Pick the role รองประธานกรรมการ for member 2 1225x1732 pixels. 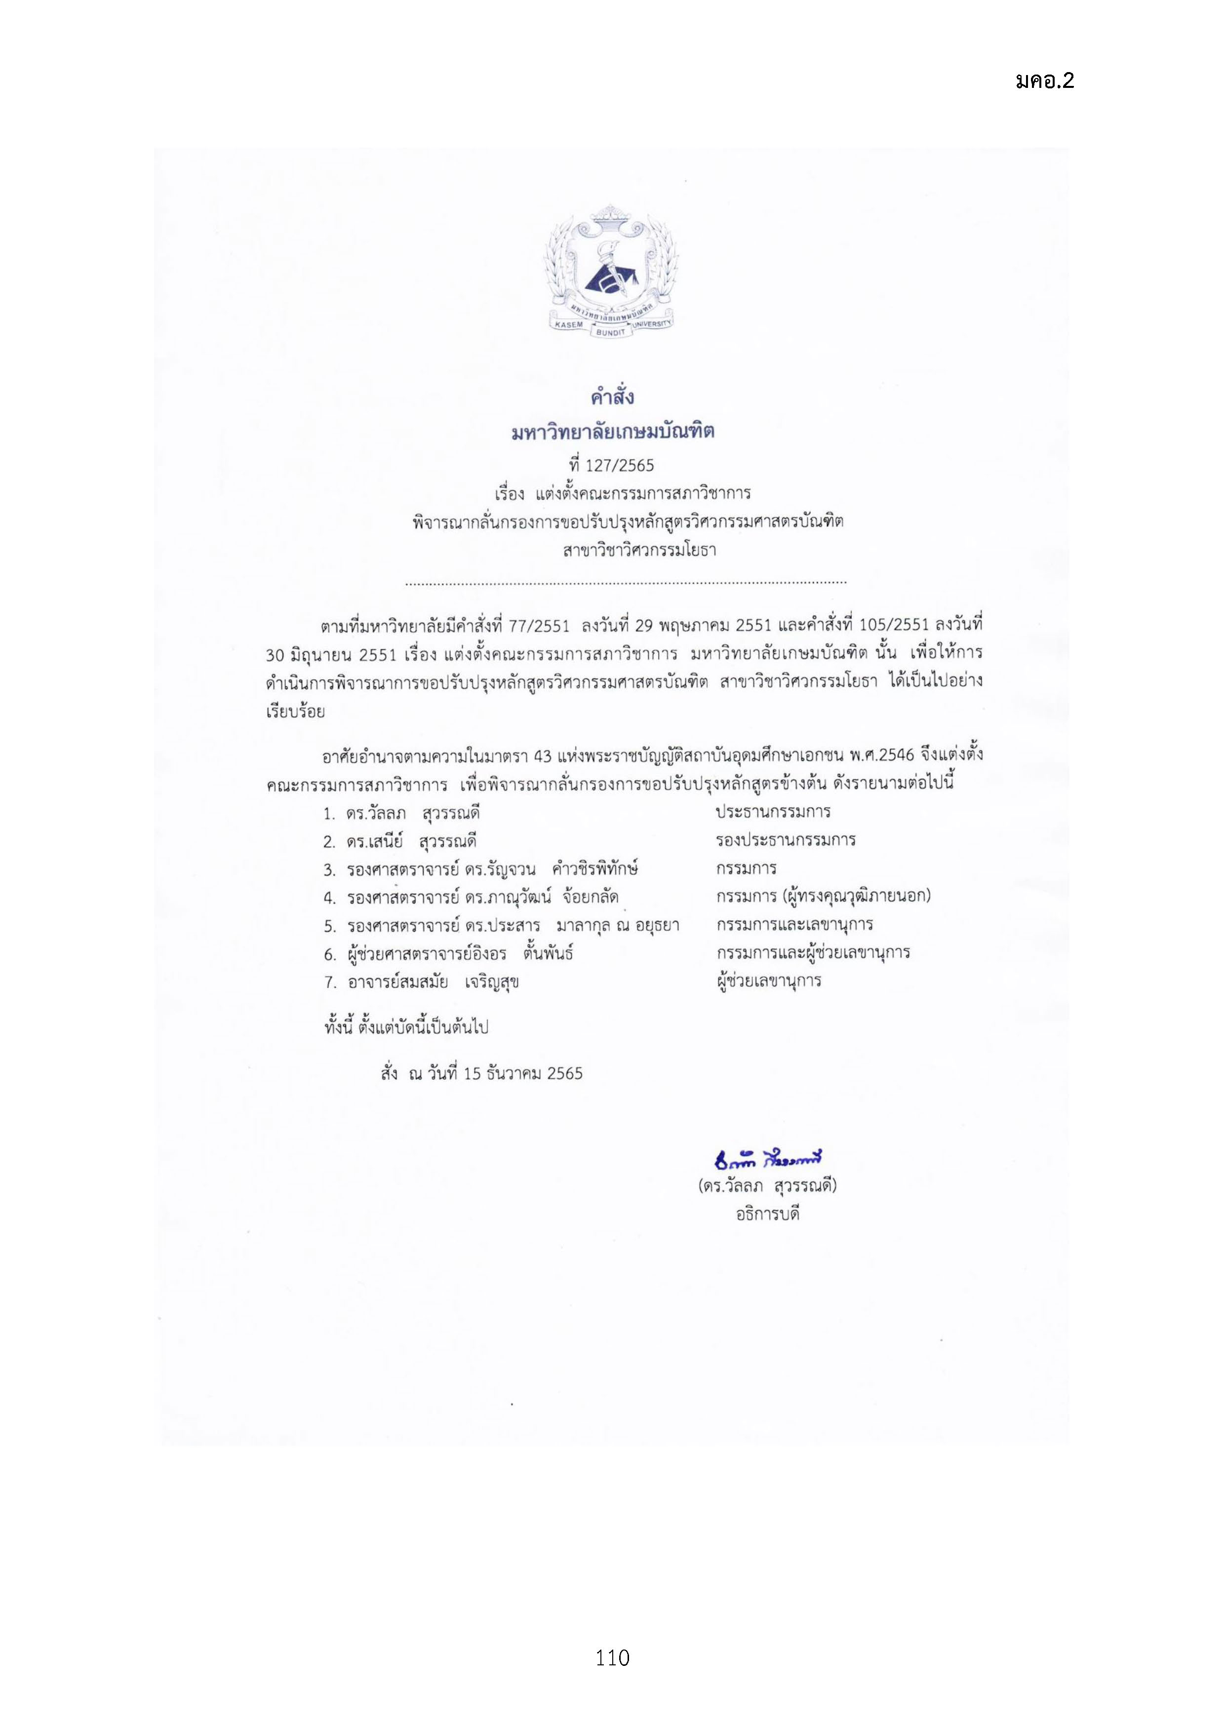coord(785,840)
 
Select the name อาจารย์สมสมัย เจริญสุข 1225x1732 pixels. coord(433,982)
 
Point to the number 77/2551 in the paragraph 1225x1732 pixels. coord(539,626)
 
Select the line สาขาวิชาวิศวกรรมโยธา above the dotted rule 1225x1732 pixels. coord(639,551)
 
